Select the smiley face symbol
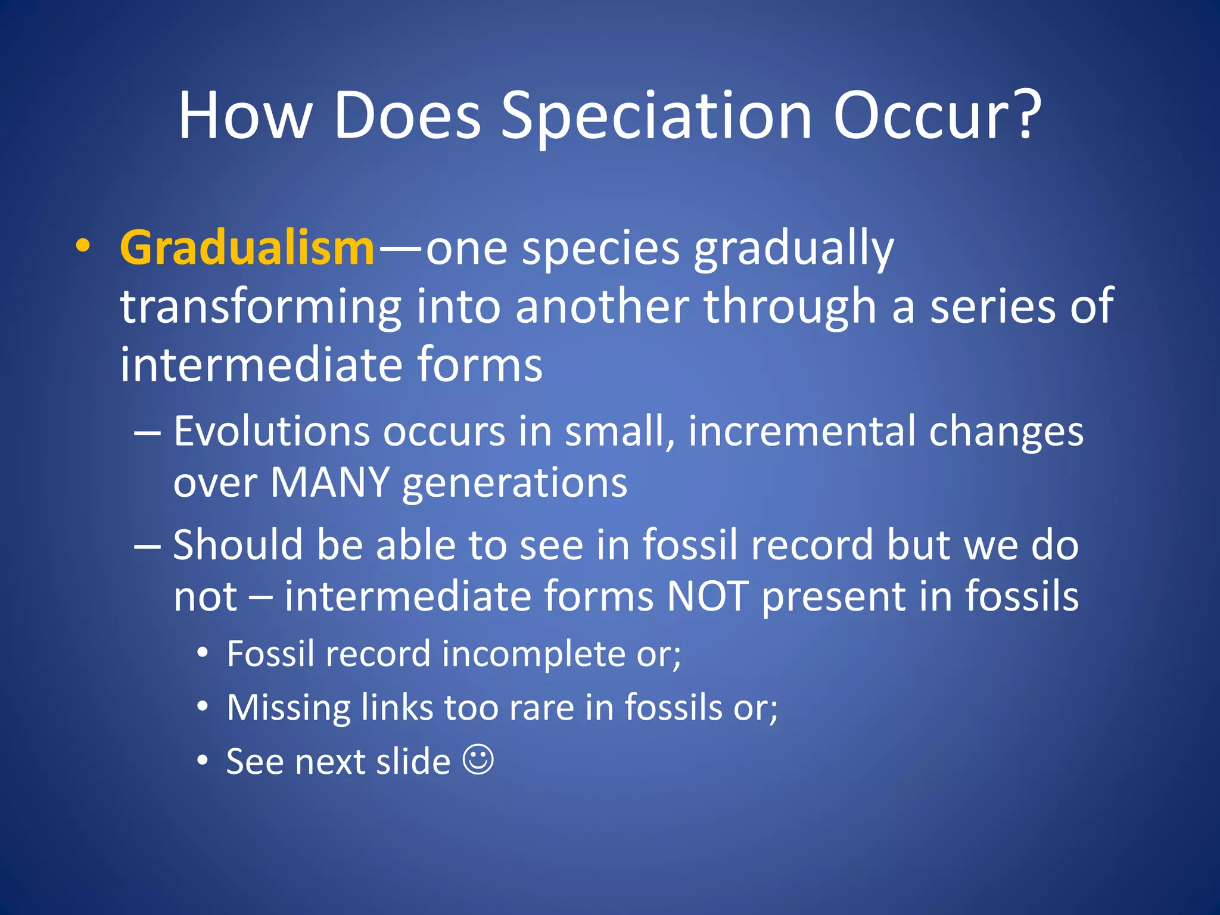click(x=478, y=760)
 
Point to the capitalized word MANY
click(x=330, y=482)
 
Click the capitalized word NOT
click(x=707, y=596)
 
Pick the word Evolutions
click(x=272, y=431)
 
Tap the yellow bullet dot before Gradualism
click(x=83, y=246)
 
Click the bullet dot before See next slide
click(x=203, y=761)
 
